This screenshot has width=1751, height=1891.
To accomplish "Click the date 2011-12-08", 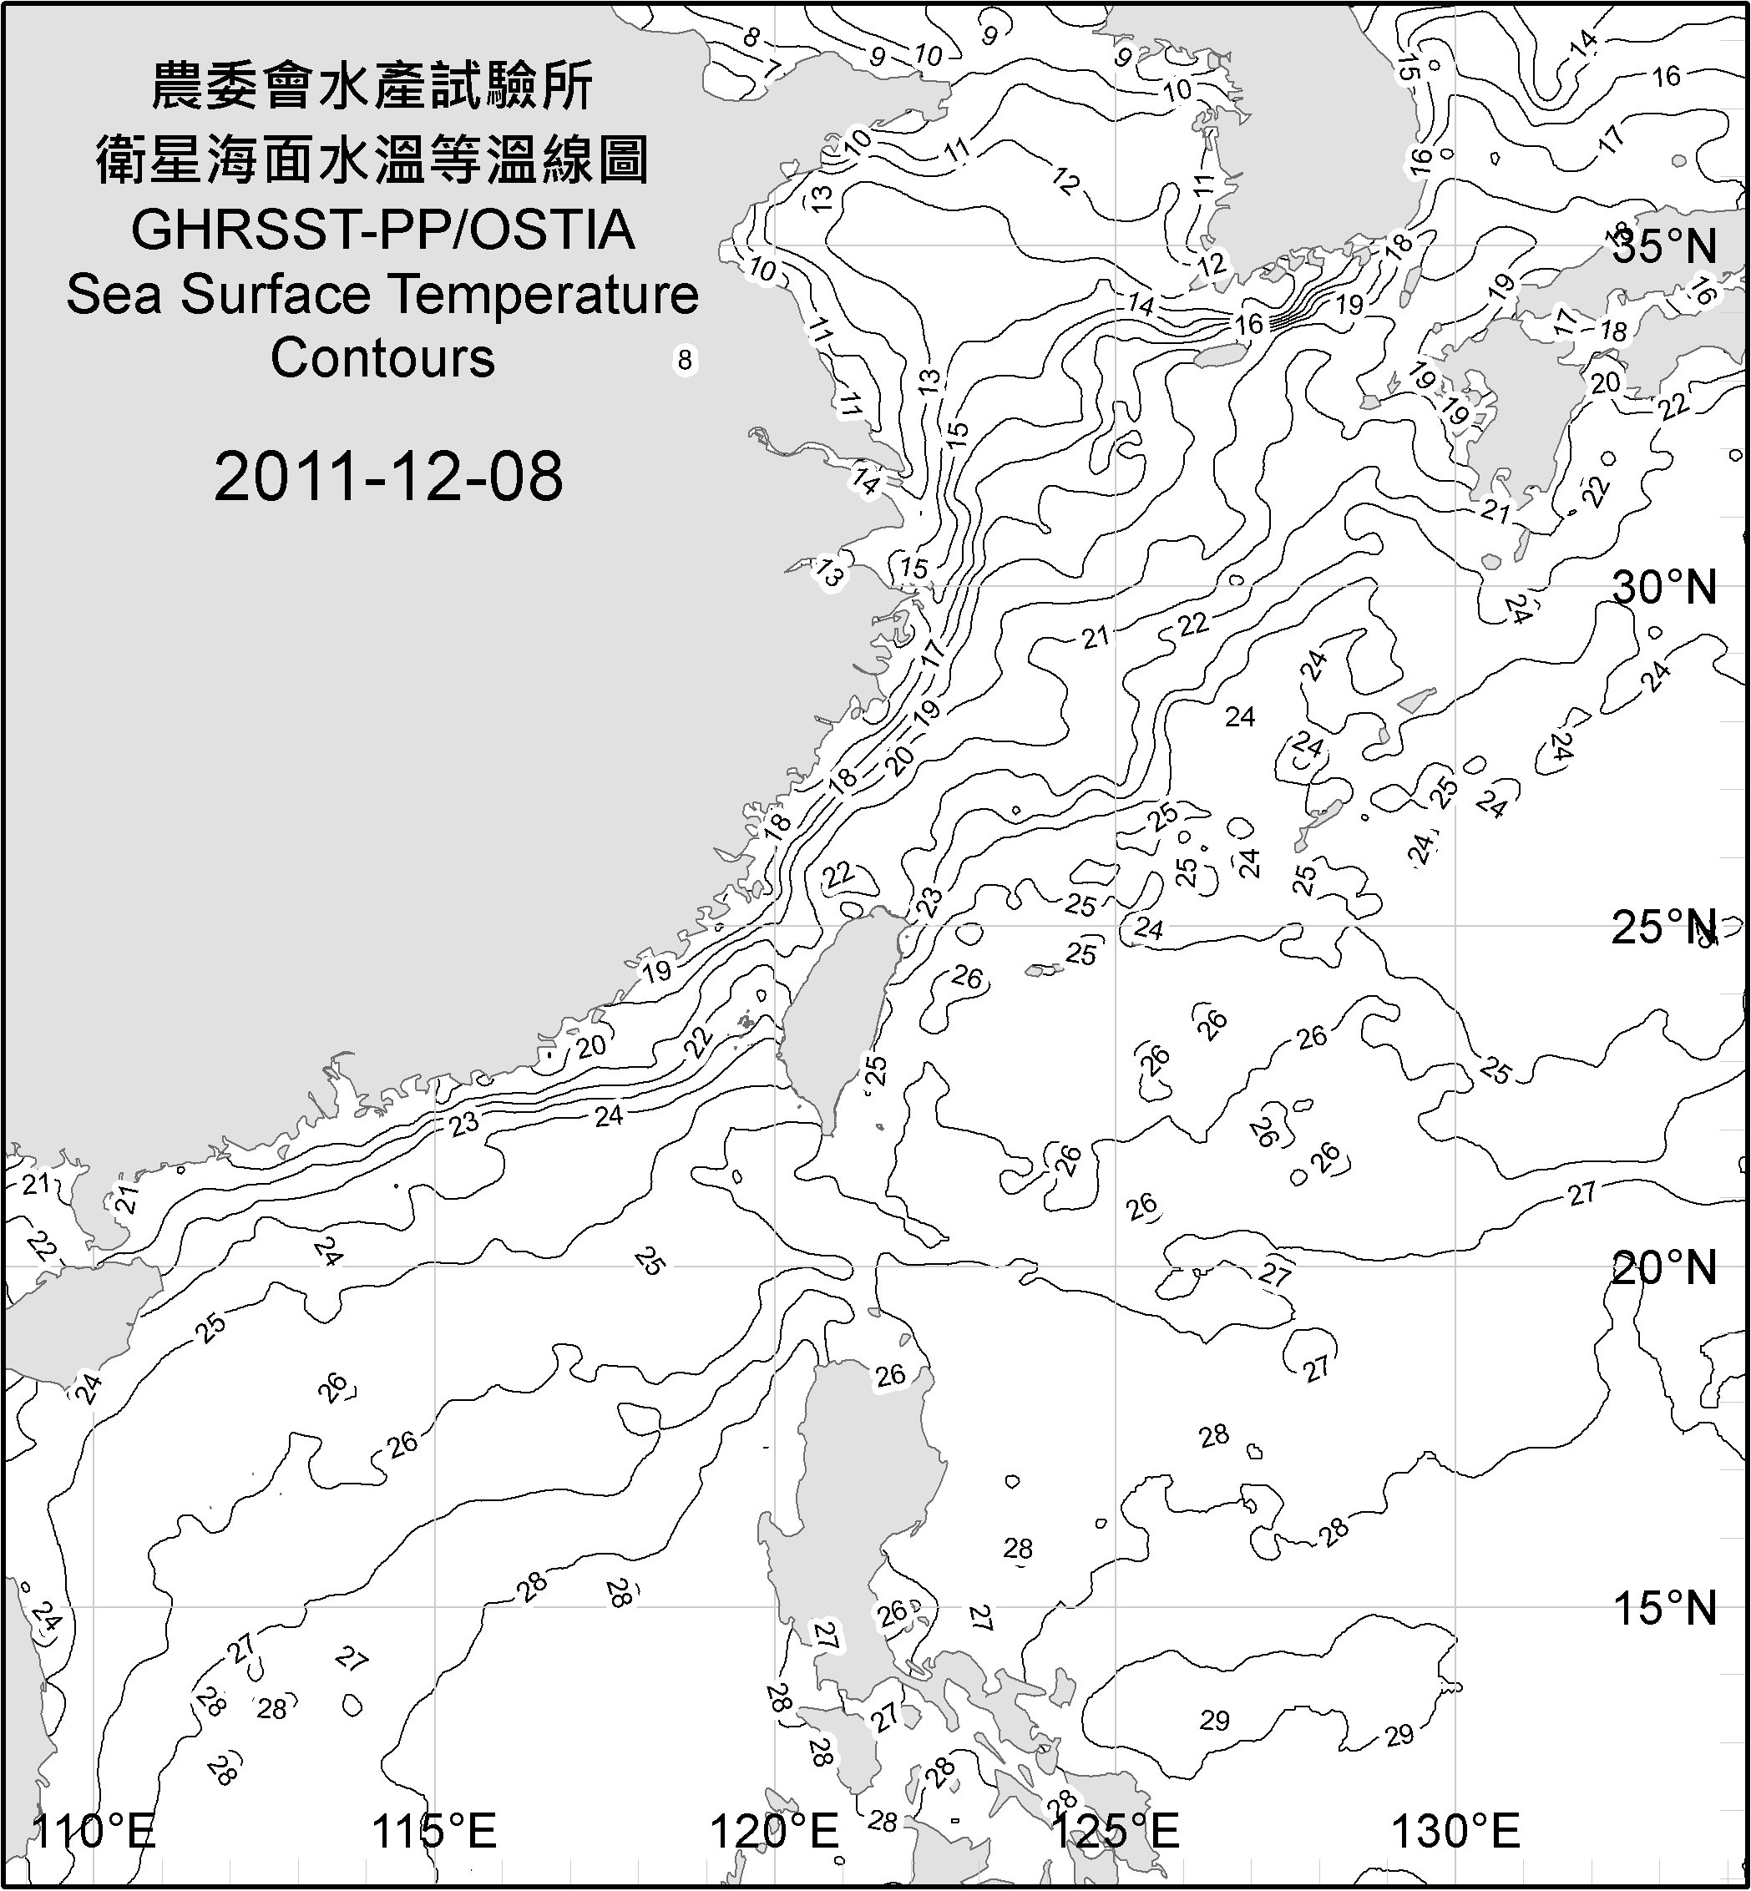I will tap(388, 477).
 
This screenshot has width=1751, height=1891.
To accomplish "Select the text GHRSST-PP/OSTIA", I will tap(382, 230).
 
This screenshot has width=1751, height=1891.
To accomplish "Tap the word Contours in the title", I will tap(382, 358).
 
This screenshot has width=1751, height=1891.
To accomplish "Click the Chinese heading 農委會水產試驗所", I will tap(373, 86).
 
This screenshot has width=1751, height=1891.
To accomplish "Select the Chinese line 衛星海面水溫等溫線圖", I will tap(373, 159).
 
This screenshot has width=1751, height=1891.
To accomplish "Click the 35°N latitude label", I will tap(1664, 246).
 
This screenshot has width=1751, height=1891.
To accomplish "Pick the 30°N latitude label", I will tap(1664, 589).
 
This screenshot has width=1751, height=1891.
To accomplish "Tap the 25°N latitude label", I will tap(1664, 928).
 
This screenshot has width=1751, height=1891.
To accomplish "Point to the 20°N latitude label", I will tap(1664, 1267).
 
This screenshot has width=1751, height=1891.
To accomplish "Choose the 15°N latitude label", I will tap(1664, 1608).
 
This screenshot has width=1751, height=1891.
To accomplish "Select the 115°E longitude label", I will tap(434, 1830).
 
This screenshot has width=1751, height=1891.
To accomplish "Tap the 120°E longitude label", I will tap(774, 1830).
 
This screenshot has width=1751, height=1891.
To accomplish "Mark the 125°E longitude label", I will tap(1116, 1830).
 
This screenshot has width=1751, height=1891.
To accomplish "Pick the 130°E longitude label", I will tap(1455, 1830).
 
